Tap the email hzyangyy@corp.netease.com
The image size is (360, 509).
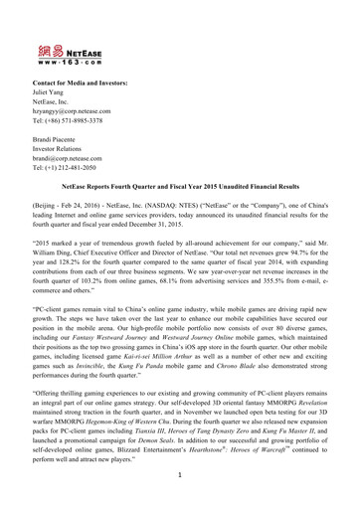tap(78, 111)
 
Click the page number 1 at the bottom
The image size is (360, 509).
tap(180, 503)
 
